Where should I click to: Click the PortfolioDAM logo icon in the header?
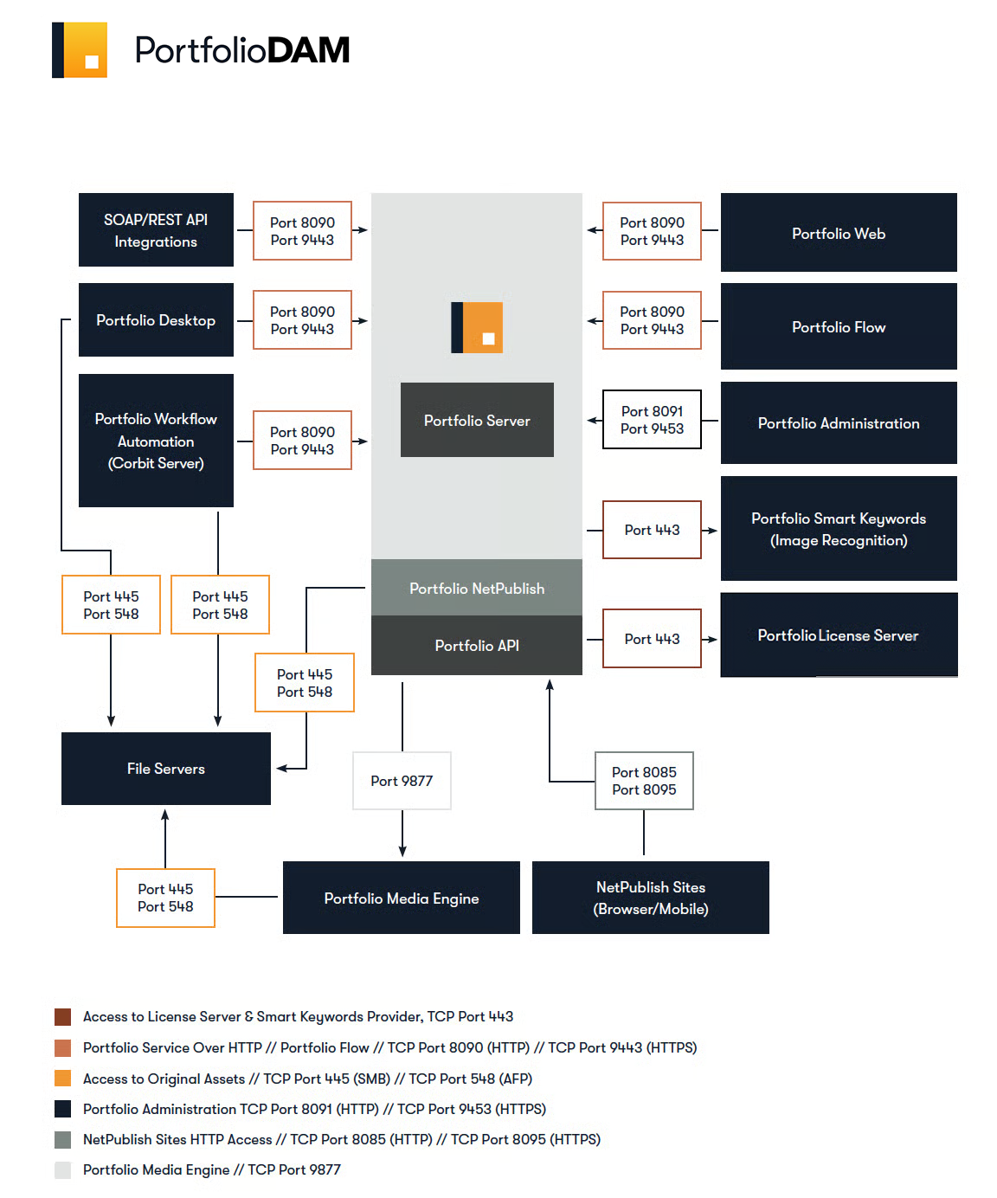click(79, 49)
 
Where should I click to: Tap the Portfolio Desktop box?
click(156, 319)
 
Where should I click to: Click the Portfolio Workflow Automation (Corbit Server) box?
click(156, 440)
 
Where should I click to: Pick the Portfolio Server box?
click(476, 419)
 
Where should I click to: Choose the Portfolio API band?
click(476, 644)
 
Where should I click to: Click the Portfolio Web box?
click(838, 232)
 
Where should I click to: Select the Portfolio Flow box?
click(838, 325)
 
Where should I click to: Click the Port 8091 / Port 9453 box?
click(651, 419)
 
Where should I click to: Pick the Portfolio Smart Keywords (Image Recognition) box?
click(838, 527)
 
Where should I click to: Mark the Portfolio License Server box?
click(838, 634)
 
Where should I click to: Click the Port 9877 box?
click(401, 780)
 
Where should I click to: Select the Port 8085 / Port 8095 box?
click(643, 780)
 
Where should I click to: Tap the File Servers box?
click(166, 768)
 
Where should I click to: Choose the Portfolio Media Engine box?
click(401, 897)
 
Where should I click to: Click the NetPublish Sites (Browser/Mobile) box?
click(650, 897)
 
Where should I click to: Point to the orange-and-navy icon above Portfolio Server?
click(476, 327)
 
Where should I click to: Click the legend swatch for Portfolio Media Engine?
click(62, 1169)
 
